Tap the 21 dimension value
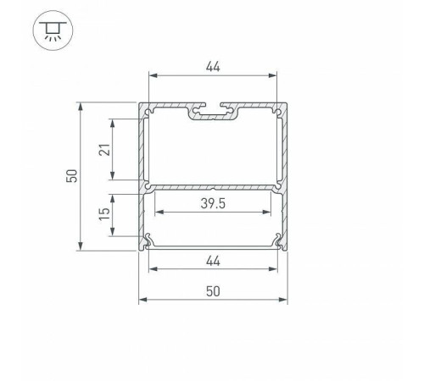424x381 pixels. [x=102, y=149]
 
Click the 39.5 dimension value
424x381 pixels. [x=215, y=202]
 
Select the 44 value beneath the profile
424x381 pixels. [x=214, y=261]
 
